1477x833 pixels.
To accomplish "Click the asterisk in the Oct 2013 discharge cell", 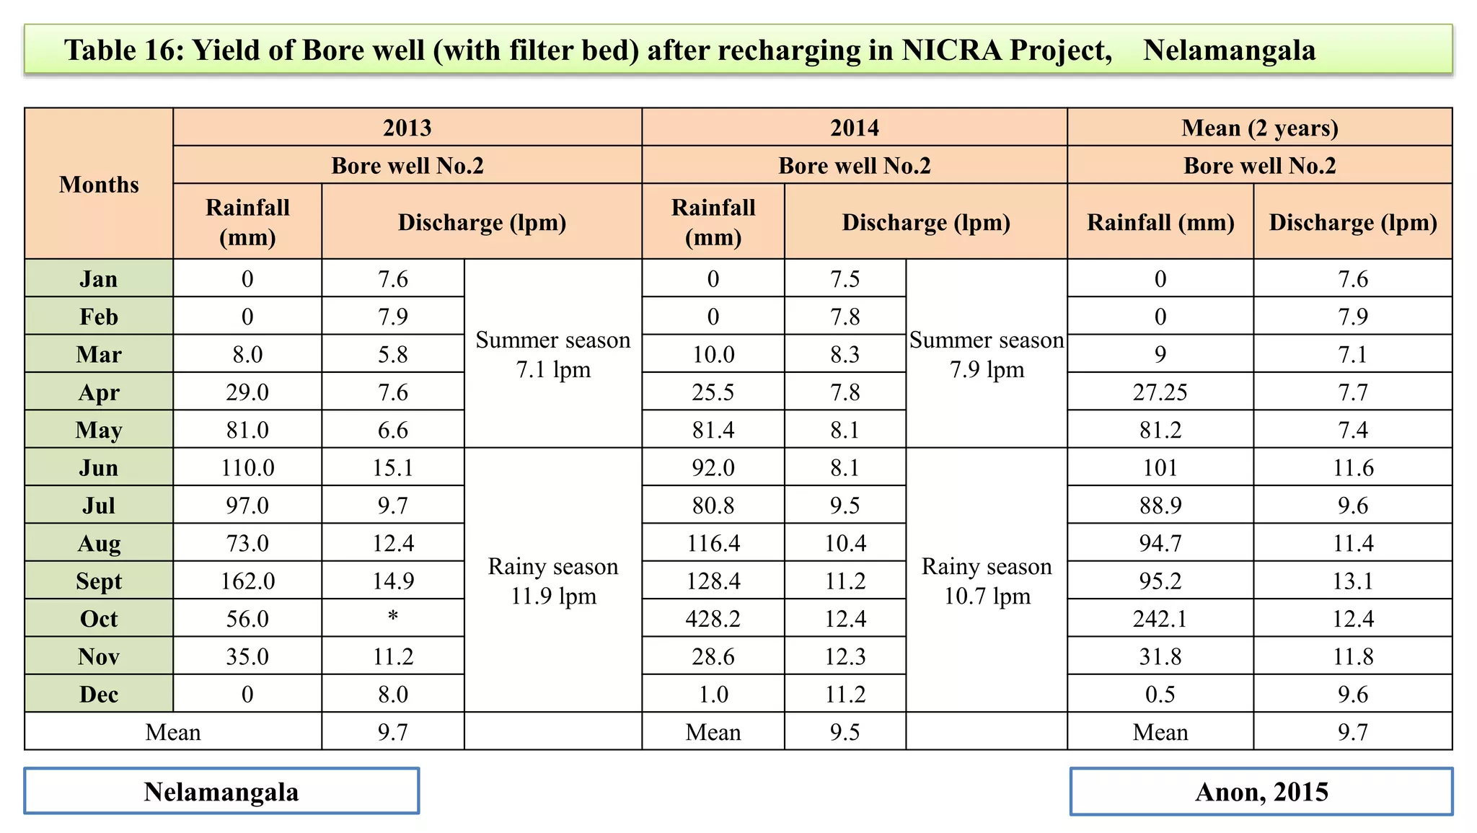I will click(x=393, y=617).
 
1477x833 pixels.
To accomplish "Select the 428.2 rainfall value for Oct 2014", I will click(x=713, y=619).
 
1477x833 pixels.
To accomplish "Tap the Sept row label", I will click(x=99, y=581).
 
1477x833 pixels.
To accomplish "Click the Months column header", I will click(x=99, y=185).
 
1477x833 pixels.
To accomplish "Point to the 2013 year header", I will click(x=407, y=128).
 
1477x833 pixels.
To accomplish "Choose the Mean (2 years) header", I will click(x=1259, y=128).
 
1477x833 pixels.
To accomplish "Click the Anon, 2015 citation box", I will click(x=1261, y=792).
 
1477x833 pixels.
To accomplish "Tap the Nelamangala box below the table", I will click(x=221, y=792).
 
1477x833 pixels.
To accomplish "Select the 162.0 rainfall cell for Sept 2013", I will click(x=247, y=581).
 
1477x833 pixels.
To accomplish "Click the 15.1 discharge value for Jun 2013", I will click(x=393, y=468).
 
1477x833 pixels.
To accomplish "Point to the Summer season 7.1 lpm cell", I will click(x=553, y=354).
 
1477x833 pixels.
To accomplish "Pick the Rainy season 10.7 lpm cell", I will click(x=987, y=581).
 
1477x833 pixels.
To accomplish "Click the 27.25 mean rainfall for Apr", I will click(x=1160, y=392).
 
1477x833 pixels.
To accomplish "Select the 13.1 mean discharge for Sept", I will click(x=1352, y=581).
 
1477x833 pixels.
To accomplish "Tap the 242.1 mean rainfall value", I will click(x=1160, y=619).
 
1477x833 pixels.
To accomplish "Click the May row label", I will click(x=99, y=431).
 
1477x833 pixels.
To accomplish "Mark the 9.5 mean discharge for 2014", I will click(x=845, y=732).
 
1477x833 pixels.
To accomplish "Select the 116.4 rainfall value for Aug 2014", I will click(x=713, y=543).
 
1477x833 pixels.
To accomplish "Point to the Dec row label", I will click(x=99, y=695).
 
